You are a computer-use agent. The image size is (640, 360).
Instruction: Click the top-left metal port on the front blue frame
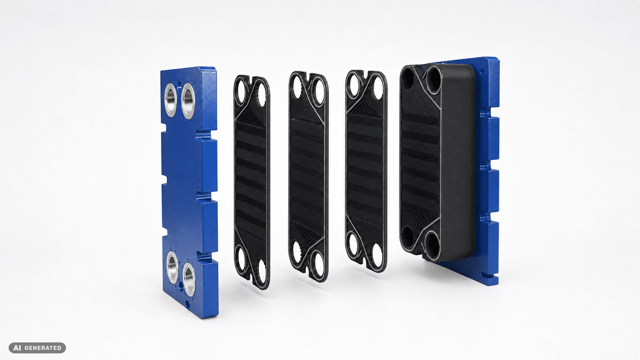[x=171, y=100]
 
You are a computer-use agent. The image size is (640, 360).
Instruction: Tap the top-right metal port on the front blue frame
[x=188, y=101]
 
